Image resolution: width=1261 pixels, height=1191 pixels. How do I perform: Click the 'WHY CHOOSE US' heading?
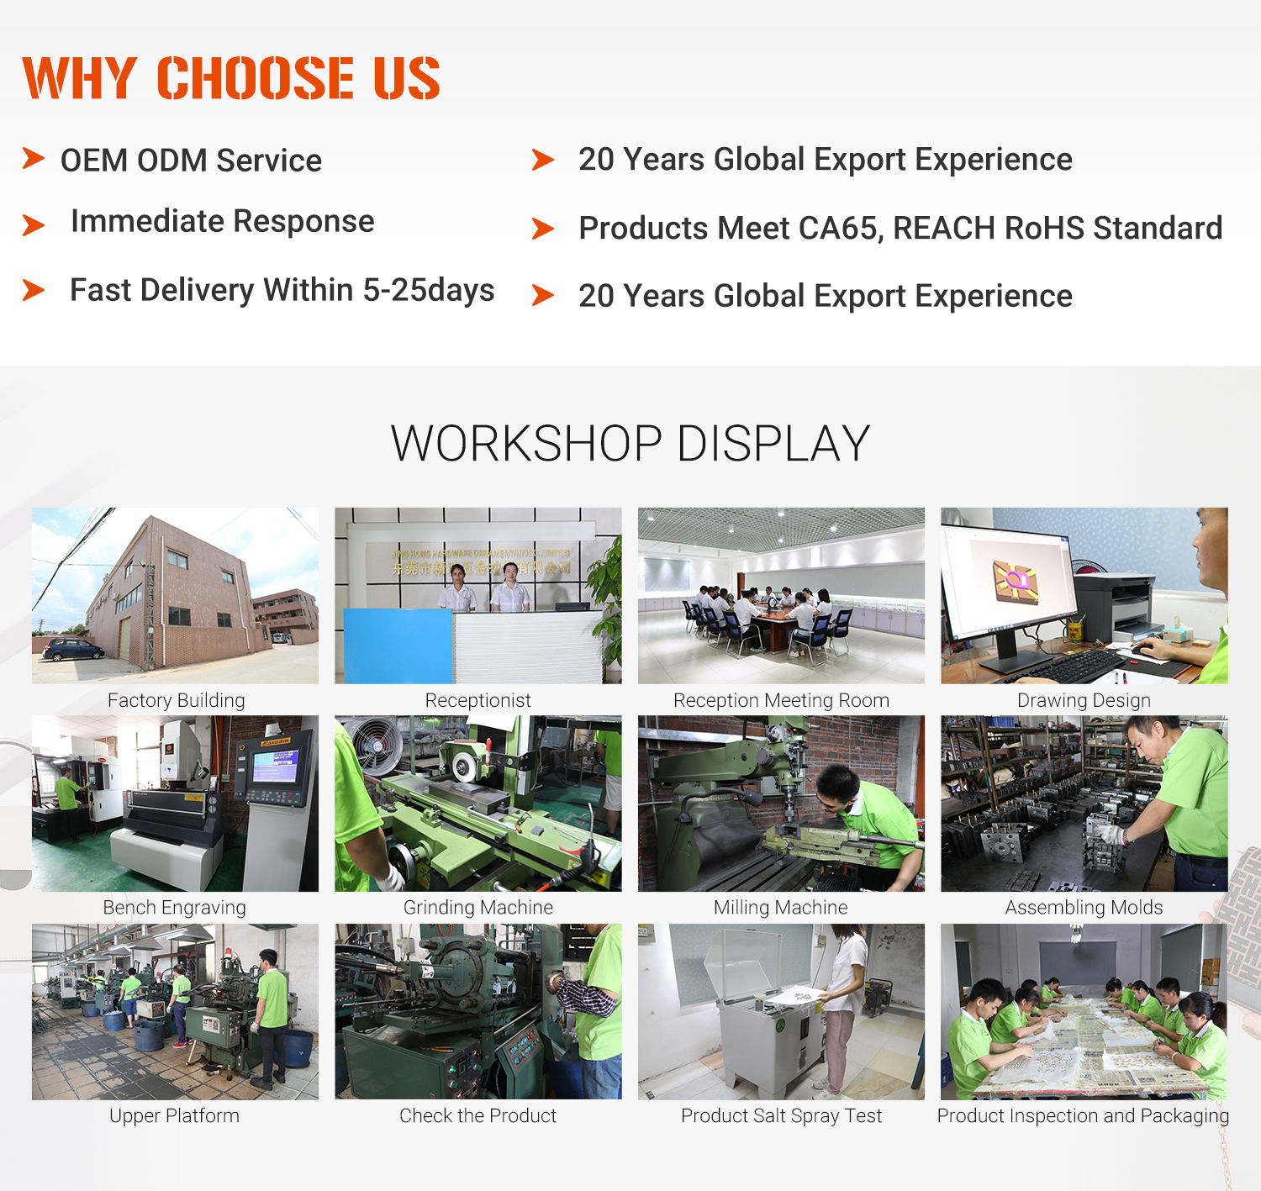pos(231,78)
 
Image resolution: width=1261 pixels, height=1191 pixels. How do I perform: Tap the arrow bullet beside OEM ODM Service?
pos(33,157)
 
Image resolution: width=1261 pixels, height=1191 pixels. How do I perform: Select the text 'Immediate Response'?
pos(222,221)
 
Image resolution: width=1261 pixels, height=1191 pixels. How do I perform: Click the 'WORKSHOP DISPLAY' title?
pos(630,444)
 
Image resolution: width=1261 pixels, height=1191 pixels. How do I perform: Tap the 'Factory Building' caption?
pos(176,700)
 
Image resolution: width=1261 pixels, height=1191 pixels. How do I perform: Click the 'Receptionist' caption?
pos(477,700)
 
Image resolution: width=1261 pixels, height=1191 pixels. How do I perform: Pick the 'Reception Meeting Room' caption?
pos(781,700)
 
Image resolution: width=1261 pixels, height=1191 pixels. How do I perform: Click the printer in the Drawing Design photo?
pos(1116,605)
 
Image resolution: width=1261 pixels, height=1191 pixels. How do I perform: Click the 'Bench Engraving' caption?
pos(174,908)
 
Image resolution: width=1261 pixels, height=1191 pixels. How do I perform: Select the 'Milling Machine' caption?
pos(780,908)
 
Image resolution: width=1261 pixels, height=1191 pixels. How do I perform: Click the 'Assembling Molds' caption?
pos(1084,908)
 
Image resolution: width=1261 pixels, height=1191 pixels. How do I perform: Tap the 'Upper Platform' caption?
pos(174,1115)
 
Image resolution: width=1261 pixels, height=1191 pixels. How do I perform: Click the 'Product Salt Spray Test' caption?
pos(781,1115)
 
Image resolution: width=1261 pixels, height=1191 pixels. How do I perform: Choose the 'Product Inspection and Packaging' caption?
pos(1083,1115)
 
